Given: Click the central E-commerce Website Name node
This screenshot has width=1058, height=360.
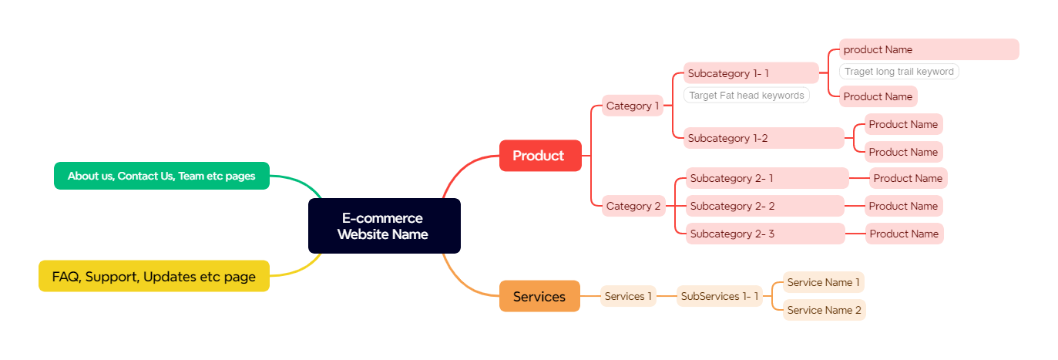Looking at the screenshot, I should coord(384,226).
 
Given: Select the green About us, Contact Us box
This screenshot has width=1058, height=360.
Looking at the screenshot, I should coord(161,176).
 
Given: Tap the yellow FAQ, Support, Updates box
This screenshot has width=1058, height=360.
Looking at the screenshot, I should coord(154,276).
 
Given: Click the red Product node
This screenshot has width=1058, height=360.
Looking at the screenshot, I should coord(539,156).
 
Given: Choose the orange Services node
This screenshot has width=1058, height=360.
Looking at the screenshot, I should coord(539,296).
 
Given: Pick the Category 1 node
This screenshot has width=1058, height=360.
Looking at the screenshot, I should coord(633,106).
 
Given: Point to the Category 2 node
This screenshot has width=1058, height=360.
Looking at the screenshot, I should coord(633,206).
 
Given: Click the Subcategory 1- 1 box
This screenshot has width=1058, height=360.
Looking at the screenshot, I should coord(751,73).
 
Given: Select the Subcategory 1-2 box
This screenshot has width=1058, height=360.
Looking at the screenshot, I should coord(764,138).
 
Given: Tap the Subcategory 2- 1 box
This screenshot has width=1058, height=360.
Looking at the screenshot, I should coord(767,178).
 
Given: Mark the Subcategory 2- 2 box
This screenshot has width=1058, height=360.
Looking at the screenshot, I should coord(764,206).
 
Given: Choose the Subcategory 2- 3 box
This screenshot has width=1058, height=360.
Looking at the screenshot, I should coord(765,234).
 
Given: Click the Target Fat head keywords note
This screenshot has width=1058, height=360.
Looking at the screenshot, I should coord(746,96).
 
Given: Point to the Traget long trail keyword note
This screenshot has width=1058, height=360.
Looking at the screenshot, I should coord(898,72).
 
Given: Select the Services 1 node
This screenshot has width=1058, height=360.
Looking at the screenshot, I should coord(628,296).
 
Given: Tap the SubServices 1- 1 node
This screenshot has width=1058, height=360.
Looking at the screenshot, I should coord(720,296).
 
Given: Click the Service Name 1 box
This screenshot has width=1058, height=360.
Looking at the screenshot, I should coord(824,282).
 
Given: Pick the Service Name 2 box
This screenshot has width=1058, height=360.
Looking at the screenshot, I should coord(825,310).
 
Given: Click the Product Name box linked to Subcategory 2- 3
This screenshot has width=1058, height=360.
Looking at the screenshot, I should coord(904,234).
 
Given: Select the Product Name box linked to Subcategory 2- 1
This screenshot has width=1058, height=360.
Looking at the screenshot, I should coord(908,178).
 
